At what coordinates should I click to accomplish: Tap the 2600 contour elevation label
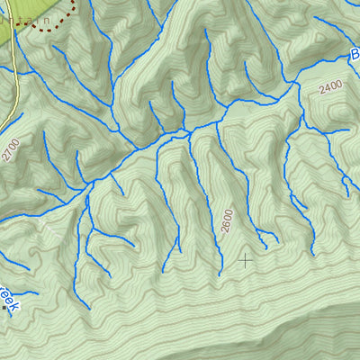[226, 220]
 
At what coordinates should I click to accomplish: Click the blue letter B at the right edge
[355, 56]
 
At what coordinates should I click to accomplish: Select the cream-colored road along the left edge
[16, 90]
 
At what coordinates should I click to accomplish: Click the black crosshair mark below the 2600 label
[244, 260]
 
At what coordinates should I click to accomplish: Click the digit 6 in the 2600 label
[226, 223]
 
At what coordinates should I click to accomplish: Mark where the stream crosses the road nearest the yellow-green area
[18, 68]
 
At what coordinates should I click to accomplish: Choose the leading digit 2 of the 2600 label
[226, 230]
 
